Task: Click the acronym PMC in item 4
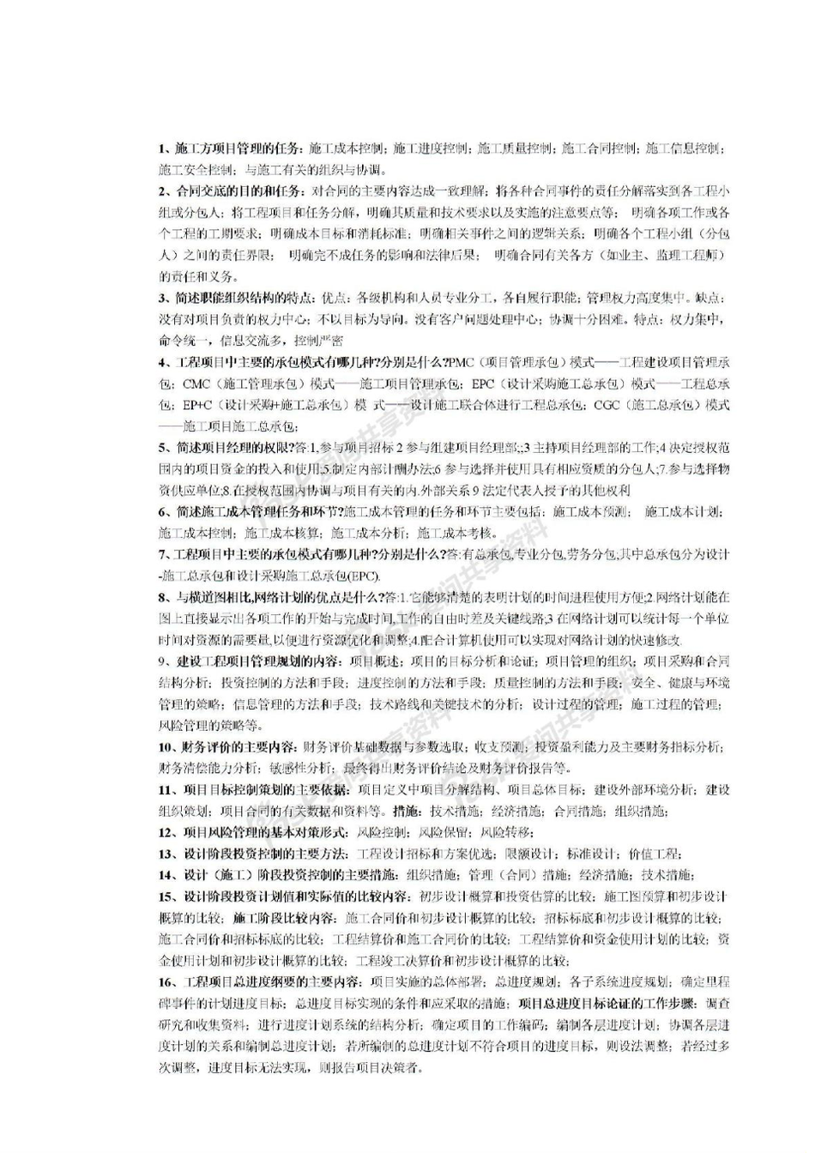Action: [x=462, y=361]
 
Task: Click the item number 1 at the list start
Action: [x=162, y=148]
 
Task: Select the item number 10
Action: [x=166, y=746]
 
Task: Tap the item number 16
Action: [x=166, y=981]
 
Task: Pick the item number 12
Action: [x=166, y=832]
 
